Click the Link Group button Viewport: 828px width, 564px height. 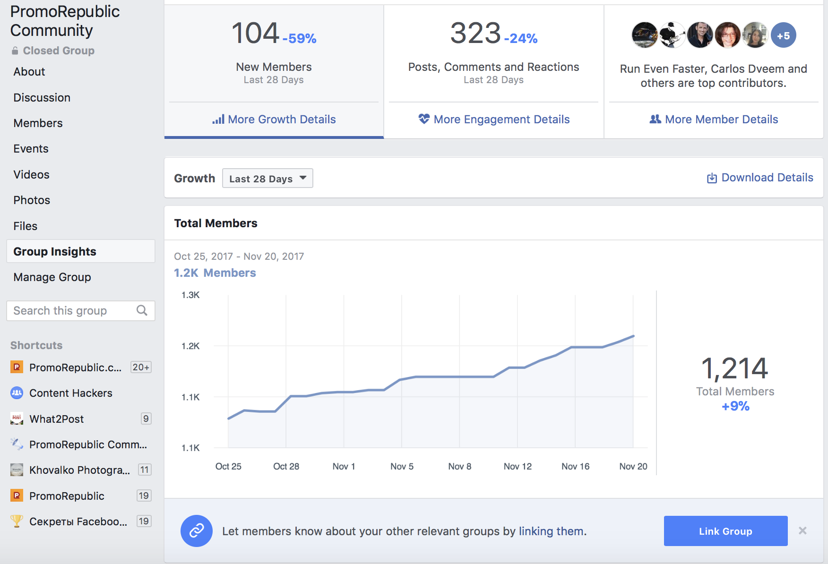[725, 531]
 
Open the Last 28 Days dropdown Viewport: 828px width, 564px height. [267, 179]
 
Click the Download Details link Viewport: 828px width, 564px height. [760, 178]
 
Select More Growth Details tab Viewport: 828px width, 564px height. [274, 120]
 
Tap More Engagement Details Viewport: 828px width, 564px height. [494, 120]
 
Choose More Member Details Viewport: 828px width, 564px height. [714, 120]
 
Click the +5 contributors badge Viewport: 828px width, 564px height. [784, 35]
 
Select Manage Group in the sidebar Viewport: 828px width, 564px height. [52, 277]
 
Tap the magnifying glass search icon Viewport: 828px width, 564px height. [142, 310]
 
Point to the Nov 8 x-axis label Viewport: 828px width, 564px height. [460, 467]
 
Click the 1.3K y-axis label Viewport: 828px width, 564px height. [190, 295]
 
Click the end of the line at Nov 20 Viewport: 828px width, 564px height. [633, 336]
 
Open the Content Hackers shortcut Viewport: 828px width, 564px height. [71, 393]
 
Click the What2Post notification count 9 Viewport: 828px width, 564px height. [146, 419]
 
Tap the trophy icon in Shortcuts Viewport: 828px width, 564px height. [17, 521]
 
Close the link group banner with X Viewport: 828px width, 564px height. [802, 530]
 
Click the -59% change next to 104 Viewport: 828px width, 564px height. [300, 38]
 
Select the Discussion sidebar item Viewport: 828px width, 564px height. [42, 98]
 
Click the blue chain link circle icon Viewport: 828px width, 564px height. [197, 531]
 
